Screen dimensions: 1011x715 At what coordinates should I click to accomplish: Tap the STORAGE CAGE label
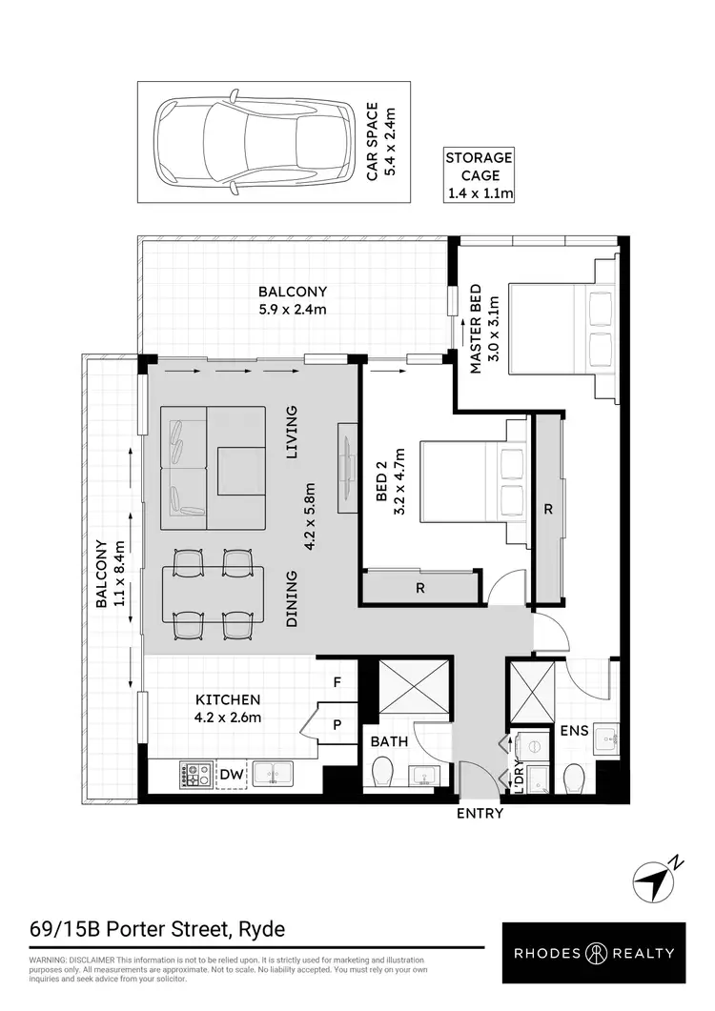pyautogui.click(x=480, y=175)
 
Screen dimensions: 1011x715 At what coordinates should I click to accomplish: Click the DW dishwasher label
pyautogui.click(x=231, y=777)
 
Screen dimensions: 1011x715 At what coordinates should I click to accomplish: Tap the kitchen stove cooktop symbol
pyautogui.click(x=195, y=776)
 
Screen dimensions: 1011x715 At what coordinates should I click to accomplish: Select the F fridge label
pyautogui.click(x=337, y=681)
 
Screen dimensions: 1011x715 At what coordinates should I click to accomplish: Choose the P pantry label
pyautogui.click(x=337, y=724)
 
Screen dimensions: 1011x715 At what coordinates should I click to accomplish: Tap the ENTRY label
pyautogui.click(x=480, y=814)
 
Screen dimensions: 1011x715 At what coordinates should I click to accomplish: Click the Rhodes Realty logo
pyautogui.click(x=596, y=952)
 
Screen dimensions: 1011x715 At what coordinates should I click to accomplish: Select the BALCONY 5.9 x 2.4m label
pyautogui.click(x=293, y=301)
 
